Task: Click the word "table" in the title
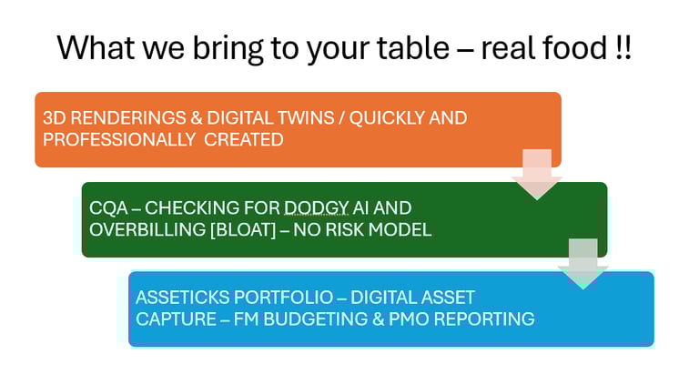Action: click(413, 46)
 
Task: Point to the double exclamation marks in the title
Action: click(623, 47)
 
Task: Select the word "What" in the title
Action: click(96, 46)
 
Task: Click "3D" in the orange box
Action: click(55, 118)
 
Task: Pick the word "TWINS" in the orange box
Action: click(306, 118)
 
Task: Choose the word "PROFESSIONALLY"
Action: click(119, 140)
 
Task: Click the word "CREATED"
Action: click(244, 140)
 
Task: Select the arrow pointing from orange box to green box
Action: click(537, 174)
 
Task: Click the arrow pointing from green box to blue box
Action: click(583, 264)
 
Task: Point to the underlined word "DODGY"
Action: click(316, 208)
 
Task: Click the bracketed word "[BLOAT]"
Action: click(243, 230)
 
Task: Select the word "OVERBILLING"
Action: click(147, 230)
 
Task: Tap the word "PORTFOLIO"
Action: click(284, 298)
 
